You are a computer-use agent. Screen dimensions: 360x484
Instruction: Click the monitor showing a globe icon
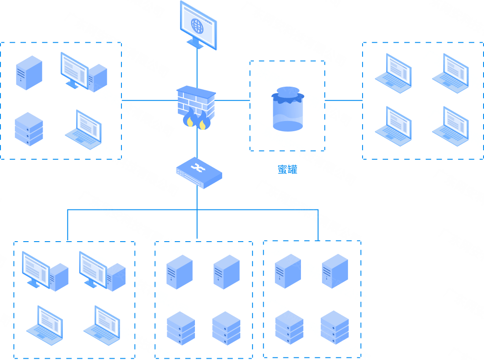[x=198, y=26]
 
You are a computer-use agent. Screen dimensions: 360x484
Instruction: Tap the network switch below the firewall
[x=199, y=173]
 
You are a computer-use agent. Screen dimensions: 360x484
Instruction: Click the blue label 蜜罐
[x=287, y=170]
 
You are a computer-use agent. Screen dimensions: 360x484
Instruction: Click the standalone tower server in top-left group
[x=29, y=73]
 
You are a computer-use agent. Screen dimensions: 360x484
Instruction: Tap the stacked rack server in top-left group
[x=29, y=129]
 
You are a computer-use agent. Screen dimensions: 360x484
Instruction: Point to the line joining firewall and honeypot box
[x=232, y=100]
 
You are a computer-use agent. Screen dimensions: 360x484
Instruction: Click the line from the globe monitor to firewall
[x=197, y=66]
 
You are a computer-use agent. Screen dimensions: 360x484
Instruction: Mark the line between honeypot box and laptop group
[x=344, y=100]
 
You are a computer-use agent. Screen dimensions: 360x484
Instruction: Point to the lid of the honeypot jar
[x=288, y=94]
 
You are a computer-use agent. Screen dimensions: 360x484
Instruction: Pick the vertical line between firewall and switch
[x=197, y=143]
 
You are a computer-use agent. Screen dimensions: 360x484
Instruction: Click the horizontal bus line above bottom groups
[x=132, y=209]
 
